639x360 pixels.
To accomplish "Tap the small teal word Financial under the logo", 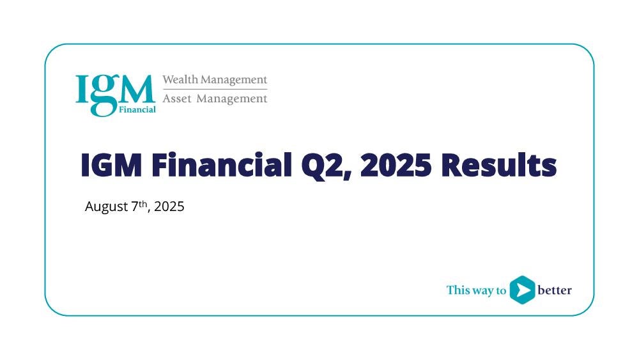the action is tap(137, 109).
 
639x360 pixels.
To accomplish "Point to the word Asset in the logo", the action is tap(177, 98).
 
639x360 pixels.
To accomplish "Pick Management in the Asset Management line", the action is tap(232, 99).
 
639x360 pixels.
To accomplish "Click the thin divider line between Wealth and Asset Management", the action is tap(215, 90).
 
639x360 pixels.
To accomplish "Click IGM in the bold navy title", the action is tap(111, 165).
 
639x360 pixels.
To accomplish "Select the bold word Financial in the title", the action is tap(222, 164).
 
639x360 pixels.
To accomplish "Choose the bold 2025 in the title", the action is tap(396, 165).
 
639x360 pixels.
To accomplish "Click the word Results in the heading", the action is tap(499, 165).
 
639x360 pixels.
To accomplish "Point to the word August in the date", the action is tap(106, 207).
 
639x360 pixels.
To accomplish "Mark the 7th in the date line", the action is tap(139, 205).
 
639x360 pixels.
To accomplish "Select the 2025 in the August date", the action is tap(169, 207).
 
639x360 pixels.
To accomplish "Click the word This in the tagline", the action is tap(458, 290).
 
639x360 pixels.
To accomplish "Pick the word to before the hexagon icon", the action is tap(501, 290).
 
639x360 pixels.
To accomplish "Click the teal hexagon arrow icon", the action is tap(522, 290).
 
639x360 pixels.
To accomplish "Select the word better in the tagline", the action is tap(555, 290).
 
